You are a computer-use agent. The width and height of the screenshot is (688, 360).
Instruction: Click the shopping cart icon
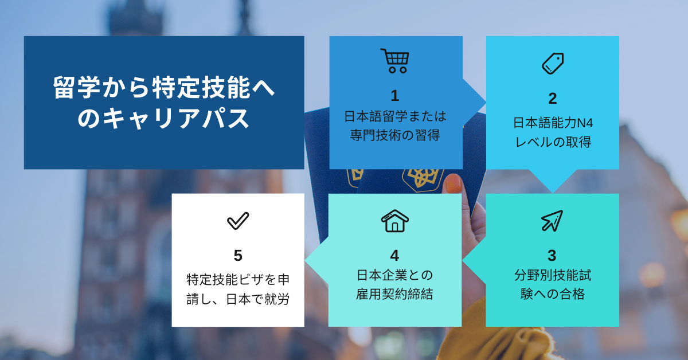point(394,61)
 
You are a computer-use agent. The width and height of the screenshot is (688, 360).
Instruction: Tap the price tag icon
point(553,64)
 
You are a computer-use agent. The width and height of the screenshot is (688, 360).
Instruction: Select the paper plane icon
point(552,221)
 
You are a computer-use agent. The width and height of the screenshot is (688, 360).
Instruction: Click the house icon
point(394,221)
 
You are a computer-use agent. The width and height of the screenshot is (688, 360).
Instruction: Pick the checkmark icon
point(238,221)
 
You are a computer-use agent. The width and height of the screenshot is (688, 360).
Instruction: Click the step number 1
point(395,96)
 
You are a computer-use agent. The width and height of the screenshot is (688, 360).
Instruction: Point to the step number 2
point(553,99)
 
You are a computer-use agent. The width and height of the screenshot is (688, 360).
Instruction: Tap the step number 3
point(552,256)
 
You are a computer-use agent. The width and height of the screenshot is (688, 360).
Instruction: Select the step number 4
point(394,256)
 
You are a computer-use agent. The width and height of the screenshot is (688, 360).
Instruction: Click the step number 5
point(238,256)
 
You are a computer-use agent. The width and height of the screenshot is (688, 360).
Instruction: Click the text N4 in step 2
point(585,123)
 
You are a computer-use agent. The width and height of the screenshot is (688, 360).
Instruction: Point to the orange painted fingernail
point(454,183)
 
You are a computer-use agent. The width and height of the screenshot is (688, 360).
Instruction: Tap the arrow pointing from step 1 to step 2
point(474,102)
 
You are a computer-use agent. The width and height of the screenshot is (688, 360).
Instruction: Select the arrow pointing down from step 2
point(553,181)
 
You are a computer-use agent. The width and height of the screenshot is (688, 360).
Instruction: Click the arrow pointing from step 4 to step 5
point(316,260)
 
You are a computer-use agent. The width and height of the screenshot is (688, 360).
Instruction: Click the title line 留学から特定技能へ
point(164,88)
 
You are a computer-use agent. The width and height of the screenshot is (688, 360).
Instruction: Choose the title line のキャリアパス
point(164,118)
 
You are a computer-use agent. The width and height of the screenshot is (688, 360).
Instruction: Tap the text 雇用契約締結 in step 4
point(394,294)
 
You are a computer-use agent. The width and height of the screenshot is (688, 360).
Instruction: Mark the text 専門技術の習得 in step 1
point(395,135)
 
